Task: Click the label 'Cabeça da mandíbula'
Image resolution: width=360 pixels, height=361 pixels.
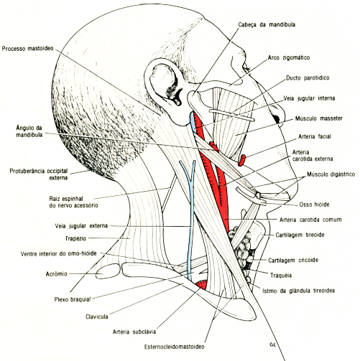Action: [267, 24]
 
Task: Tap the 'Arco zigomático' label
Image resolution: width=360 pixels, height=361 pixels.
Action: [289, 57]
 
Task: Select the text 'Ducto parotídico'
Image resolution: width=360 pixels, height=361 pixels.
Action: [308, 78]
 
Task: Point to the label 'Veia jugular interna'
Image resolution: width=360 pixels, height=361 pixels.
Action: [309, 98]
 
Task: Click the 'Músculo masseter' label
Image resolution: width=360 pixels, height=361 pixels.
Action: [319, 118]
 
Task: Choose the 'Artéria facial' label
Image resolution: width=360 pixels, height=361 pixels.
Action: [315, 136]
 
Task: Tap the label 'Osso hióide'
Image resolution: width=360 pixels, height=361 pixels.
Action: [314, 205]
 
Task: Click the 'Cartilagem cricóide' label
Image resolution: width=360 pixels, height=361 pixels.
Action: [293, 260]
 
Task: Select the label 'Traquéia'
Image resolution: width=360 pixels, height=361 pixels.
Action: [281, 276]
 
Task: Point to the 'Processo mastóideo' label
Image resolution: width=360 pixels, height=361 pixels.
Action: [28, 49]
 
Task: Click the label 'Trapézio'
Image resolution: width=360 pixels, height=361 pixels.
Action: [75, 238]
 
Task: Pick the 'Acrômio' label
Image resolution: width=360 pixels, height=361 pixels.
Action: [56, 274]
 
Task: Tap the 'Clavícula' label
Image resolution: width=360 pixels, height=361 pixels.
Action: [97, 317]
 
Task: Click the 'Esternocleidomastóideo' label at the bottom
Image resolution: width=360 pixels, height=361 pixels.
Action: [175, 347]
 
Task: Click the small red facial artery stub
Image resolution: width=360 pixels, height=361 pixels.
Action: [242, 160]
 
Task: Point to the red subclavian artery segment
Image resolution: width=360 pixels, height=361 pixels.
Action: [201, 284]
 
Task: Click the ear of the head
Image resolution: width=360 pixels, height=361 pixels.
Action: [165, 84]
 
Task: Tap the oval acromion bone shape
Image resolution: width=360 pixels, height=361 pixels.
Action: [108, 271]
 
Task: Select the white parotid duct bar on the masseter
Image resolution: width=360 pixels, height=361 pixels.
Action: [231, 115]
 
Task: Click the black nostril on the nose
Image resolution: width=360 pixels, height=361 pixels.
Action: [277, 118]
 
